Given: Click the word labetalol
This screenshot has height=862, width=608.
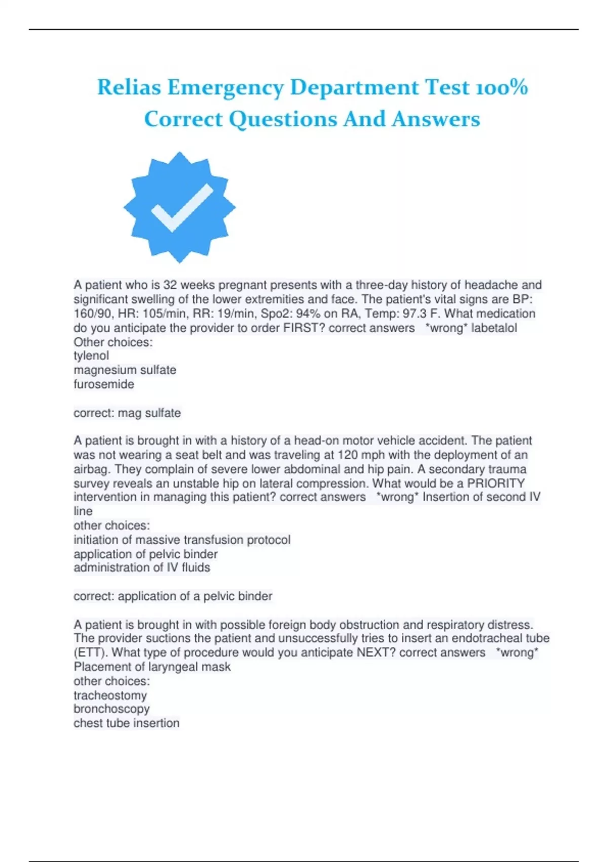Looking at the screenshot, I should [x=494, y=328].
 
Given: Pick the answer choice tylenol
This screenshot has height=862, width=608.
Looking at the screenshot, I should [x=91, y=356].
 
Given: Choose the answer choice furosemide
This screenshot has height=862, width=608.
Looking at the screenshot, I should [x=104, y=384].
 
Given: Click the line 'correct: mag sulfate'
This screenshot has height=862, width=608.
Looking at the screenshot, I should [x=127, y=413].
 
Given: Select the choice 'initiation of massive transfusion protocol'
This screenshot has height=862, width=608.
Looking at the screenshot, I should [x=182, y=540].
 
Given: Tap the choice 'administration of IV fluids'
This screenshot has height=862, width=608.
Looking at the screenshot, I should [x=142, y=568].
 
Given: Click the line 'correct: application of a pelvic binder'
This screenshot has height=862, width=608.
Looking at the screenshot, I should [x=173, y=596].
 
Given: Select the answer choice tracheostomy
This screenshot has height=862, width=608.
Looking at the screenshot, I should [x=110, y=696].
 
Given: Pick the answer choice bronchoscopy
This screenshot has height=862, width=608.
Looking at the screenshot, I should [x=111, y=709].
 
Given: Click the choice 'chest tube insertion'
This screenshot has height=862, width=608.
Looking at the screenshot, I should [x=126, y=723].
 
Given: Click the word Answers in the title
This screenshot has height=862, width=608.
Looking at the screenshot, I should [x=436, y=119].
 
